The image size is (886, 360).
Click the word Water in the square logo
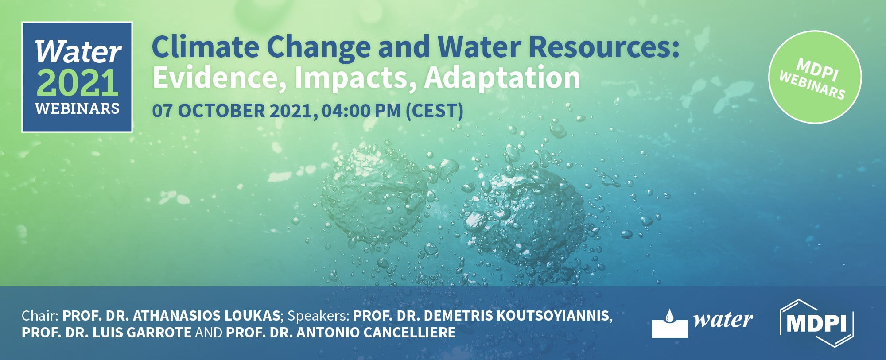(78, 52)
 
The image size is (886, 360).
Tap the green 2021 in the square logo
(78, 83)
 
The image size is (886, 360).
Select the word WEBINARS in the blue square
(78, 108)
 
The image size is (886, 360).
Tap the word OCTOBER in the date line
(221, 111)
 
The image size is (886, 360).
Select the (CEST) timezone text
(435, 111)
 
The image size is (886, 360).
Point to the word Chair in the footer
(39, 316)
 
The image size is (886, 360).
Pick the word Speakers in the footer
(319, 316)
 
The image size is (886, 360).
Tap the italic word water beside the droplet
(723, 320)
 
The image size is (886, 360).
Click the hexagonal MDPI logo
(816, 323)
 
